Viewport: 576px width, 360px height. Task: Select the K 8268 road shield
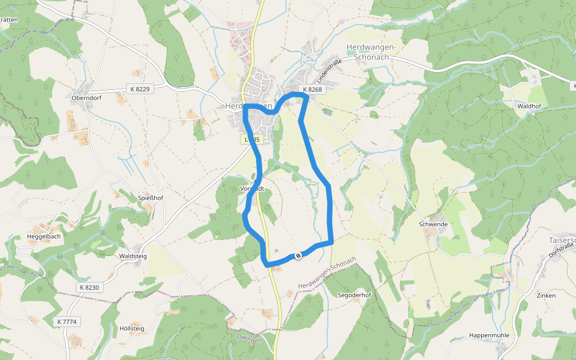[312, 89]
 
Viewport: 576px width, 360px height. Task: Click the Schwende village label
[433, 224]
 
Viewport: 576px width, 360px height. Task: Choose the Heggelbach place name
[43, 236]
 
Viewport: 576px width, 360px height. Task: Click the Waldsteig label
[133, 256]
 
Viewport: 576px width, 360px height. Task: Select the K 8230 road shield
[90, 287]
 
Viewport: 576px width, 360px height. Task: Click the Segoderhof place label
[355, 295]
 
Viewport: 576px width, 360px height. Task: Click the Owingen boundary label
[250, 340]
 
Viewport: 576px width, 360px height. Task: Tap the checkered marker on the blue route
[298, 256]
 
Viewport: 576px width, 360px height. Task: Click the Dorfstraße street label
[561, 247]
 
